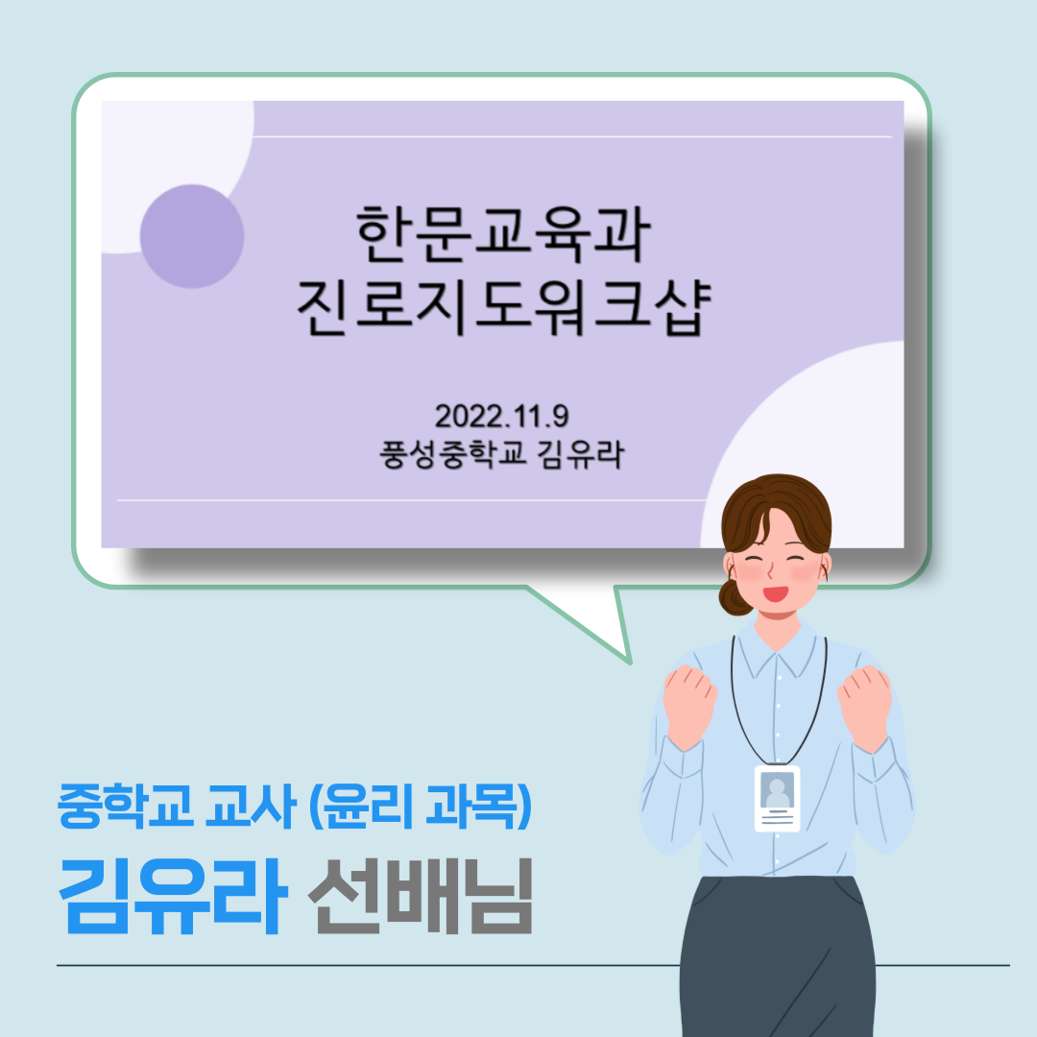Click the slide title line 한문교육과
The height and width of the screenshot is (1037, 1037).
503,234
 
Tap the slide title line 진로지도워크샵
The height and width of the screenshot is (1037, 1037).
503,307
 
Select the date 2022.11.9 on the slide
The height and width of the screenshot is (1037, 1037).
501,416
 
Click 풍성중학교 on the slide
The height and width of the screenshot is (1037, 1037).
453,454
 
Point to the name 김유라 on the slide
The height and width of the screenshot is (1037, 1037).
581,454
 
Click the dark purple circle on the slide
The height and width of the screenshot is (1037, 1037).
192,236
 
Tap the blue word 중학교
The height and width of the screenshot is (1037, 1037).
125,806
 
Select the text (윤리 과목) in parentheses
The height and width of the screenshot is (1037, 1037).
421,806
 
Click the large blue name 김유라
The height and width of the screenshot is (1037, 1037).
173,896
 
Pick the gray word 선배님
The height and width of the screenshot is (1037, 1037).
421,896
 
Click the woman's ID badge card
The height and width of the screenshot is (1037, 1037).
777,798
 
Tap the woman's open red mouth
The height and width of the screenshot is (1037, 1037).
777,593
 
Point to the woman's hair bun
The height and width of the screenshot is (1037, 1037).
734,597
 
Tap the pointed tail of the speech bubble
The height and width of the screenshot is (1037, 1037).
629,662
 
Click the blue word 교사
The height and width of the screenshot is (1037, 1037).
250,806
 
